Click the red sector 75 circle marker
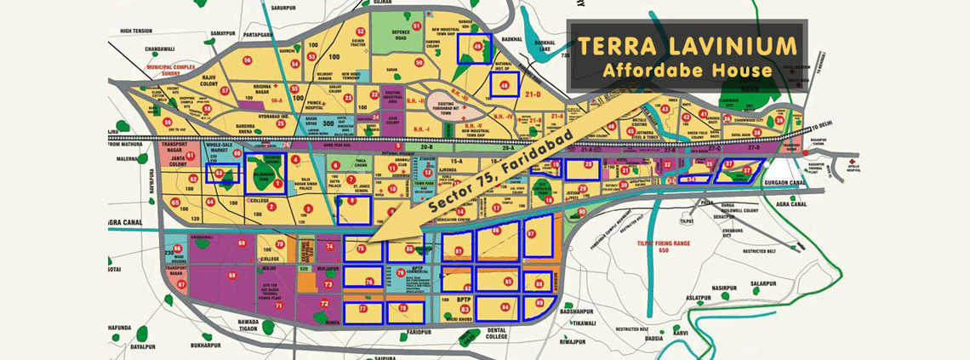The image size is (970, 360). [x=361, y=249]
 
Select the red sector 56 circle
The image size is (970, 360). [x=248, y=60]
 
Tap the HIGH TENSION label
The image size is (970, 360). [x=136, y=31]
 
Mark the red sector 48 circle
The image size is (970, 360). [x=505, y=84]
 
